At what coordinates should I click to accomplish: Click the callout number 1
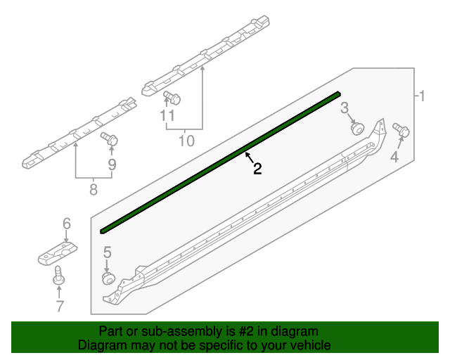pos(422,96)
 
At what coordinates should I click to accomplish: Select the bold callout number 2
pos(257,169)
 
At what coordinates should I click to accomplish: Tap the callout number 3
pos(345,108)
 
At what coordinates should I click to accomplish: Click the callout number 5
pos(108,252)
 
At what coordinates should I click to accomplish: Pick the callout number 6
pos(67,223)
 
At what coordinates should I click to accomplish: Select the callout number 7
pos(60,306)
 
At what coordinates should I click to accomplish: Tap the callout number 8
pos(94,189)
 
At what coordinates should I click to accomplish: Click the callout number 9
pos(112,165)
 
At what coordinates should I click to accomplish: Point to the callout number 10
pos(186,141)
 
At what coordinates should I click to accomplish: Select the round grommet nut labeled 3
pos(357,128)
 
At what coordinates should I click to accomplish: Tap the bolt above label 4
pos(403,130)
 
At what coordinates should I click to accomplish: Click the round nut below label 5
pos(108,279)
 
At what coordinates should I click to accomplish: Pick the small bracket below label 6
pos(58,253)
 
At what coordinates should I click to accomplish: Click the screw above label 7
pos(58,275)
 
